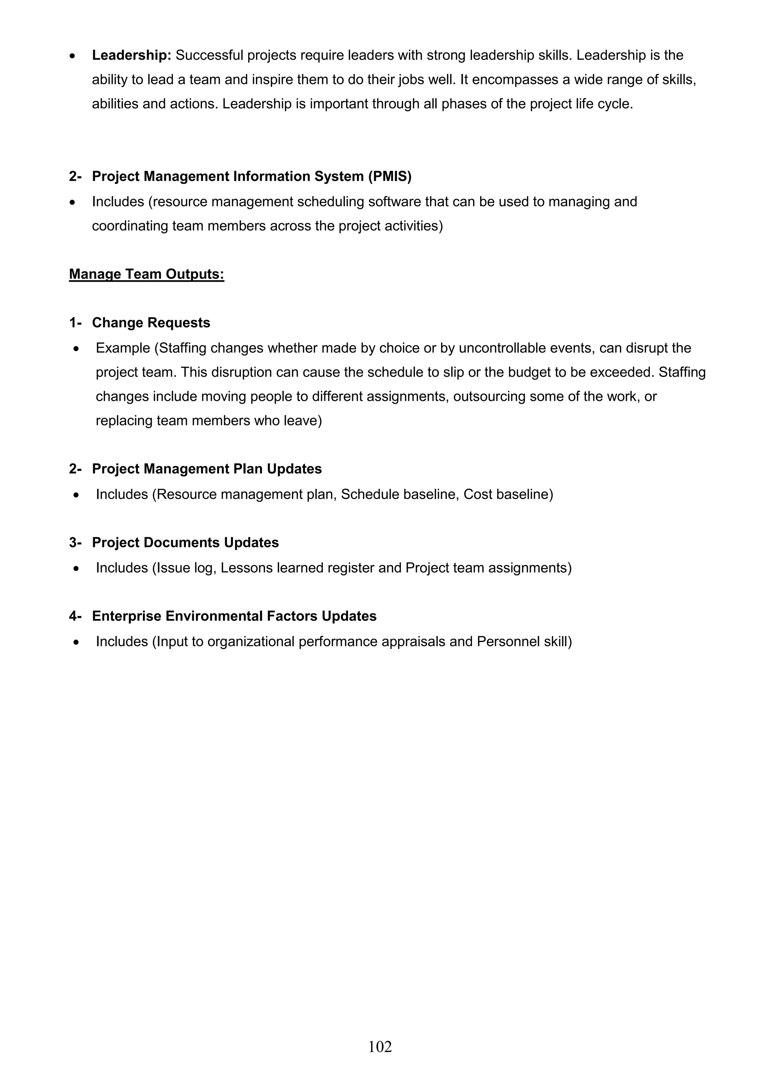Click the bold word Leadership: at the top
point(132,56)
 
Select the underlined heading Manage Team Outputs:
point(147,274)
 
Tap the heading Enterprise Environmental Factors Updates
point(234,616)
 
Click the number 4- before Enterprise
point(75,616)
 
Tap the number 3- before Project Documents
point(75,543)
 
